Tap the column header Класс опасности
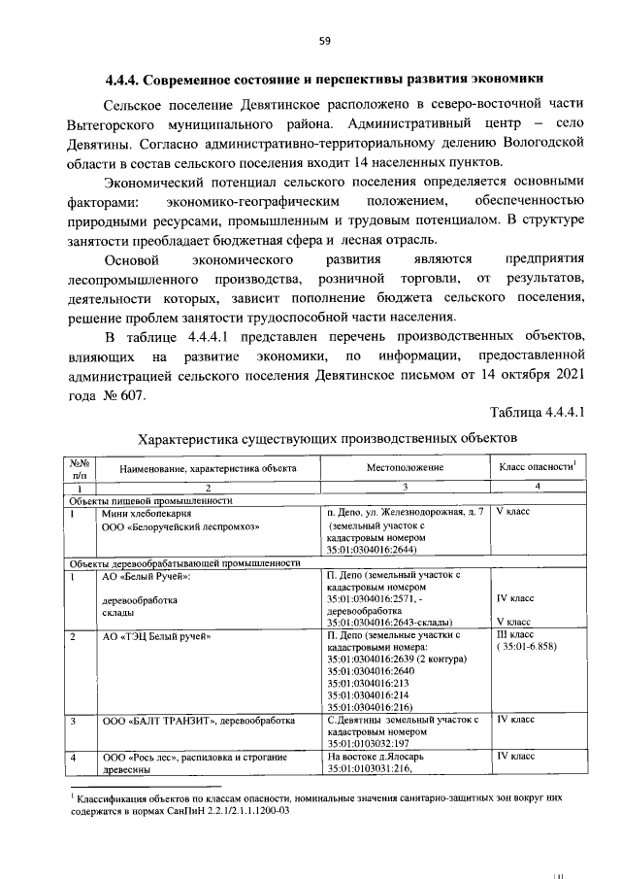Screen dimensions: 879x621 [536, 467]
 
